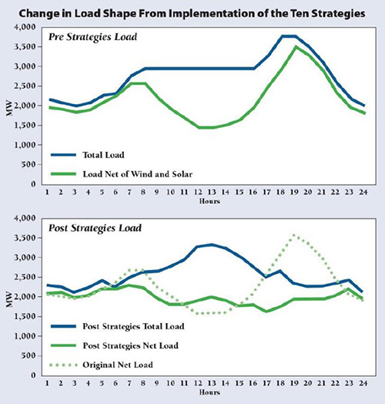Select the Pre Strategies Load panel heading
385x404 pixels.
pos(92,37)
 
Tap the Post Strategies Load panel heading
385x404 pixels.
pos(95,228)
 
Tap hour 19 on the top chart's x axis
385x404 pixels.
pos(294,192)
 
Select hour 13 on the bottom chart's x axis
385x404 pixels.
pos(212,383)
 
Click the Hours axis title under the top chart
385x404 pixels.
pos(209,201)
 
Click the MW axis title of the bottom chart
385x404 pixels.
pos(9,299)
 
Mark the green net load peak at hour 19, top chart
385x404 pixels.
pos(296,46)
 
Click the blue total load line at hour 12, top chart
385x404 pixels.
pos(198,69)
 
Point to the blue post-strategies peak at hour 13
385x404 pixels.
pos(212,244)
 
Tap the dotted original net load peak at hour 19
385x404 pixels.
pos(294,235)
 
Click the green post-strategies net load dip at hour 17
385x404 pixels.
pos(266,311)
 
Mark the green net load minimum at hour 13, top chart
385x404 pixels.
pos(212,127)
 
